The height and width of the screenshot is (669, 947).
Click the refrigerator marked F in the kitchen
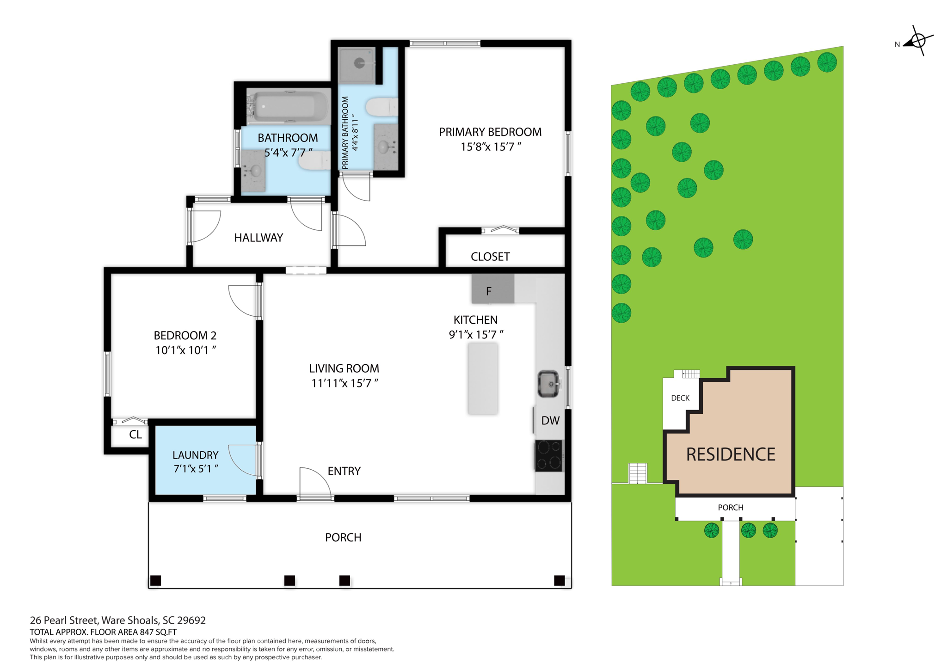click(x=492, y=289)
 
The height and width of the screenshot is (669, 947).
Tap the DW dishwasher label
click(x=550, y=420)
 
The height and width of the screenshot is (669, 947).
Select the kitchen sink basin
click(x=549, y=383)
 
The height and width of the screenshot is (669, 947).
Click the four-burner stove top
click(x=549, y=455)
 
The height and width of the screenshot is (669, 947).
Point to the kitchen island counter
click(x=483, y=378)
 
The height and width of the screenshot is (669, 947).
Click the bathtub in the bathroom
click(x=287, y=106)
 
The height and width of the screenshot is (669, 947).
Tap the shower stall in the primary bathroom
click(x=357, y=65)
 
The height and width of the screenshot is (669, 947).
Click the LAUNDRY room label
click(x=195, y=455)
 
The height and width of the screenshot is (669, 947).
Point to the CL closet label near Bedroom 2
click(x=135, y=435)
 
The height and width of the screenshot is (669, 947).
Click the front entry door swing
click(x=314, y=483)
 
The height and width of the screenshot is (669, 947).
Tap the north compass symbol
click(x=917, y=41)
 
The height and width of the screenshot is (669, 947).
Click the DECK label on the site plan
click(x=680, y=398)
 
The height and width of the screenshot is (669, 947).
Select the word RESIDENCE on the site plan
click(x=730, y=454)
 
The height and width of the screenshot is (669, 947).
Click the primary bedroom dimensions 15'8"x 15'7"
click(x=491, y=147)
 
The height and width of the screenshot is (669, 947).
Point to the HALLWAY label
click(x=258, y=238)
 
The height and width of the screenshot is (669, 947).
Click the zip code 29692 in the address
click(x=191, y=620)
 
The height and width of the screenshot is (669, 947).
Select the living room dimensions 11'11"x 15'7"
click(x=344, y=383)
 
